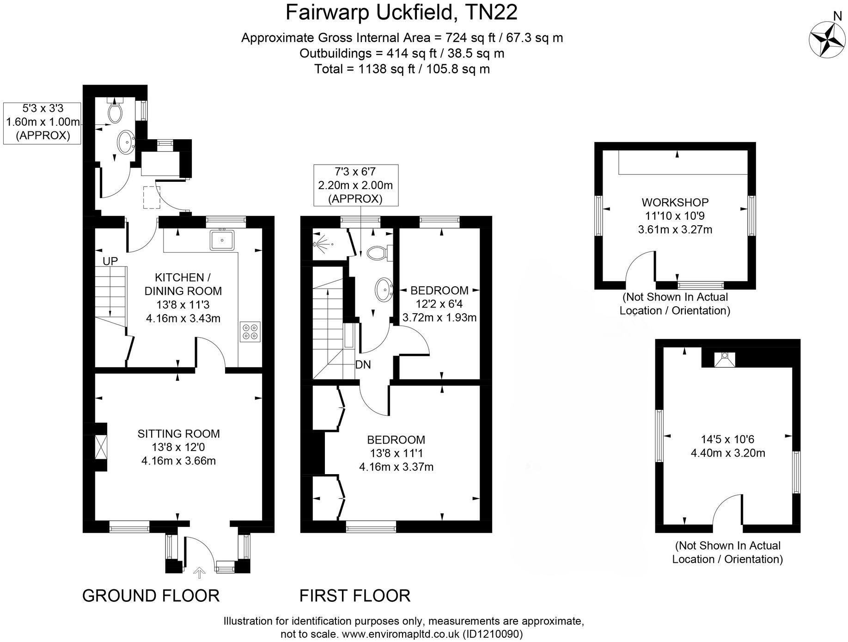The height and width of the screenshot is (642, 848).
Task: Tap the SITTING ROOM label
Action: pyautogui.click(x=178, y=433)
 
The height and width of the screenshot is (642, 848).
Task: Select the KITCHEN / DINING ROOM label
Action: pyautogui.click(x=183, y=284)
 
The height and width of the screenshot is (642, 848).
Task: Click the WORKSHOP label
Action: pyautogui.click(x=675, y=202)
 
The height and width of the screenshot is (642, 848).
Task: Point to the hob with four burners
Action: pyautogui.click(x=250, y=331)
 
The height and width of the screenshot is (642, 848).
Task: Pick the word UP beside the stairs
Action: pyautogui.click(x=110, y=261)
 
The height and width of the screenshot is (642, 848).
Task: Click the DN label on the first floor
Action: pyautogui.click(x=363, y=364)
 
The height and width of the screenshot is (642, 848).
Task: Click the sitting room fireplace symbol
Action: pyautogui.click(x=100, y=447)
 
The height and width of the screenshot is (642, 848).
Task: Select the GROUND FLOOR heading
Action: pyautogui.click(x=151, y=595)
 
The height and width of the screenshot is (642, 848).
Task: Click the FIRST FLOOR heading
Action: pyautogui.click(x=355, y=595)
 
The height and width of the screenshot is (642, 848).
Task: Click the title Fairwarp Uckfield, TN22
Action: pyautogui.click(x=402, y=12)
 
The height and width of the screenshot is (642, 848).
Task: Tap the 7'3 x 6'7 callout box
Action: pyautogui.click(x=355, y=185)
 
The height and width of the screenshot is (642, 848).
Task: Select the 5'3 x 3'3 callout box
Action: pyautogui.click(x=43, y=122)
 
